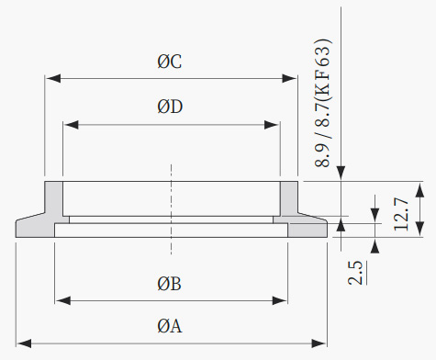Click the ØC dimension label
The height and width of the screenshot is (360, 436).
click(170, 62)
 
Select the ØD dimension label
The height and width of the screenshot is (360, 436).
click(170, 107)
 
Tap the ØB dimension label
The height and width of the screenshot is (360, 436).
click(169, 284)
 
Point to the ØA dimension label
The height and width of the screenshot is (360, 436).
click(170, 326)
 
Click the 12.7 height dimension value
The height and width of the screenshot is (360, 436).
click(401, 214)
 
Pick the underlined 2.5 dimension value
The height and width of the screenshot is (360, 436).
click(356, 273)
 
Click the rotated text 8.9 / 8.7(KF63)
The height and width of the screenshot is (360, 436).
click(323, 103)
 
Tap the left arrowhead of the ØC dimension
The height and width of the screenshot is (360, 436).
click(53, 78)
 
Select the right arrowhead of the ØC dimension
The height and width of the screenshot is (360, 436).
click(289, 78)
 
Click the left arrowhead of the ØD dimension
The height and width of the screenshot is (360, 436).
click(72, 125)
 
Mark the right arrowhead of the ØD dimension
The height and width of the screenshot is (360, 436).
click(272, 125)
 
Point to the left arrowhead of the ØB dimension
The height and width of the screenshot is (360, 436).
click(63, 300)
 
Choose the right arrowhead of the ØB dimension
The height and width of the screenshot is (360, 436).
click(279, 300)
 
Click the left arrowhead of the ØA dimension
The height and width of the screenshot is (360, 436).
click(24, 343)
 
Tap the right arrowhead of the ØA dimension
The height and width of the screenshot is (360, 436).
click(319, 343)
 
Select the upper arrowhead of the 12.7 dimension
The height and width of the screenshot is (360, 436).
click(420, 190)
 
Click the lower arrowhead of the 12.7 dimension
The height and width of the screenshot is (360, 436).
click(420, 229)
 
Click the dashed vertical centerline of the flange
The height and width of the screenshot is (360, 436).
click(171, 209)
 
